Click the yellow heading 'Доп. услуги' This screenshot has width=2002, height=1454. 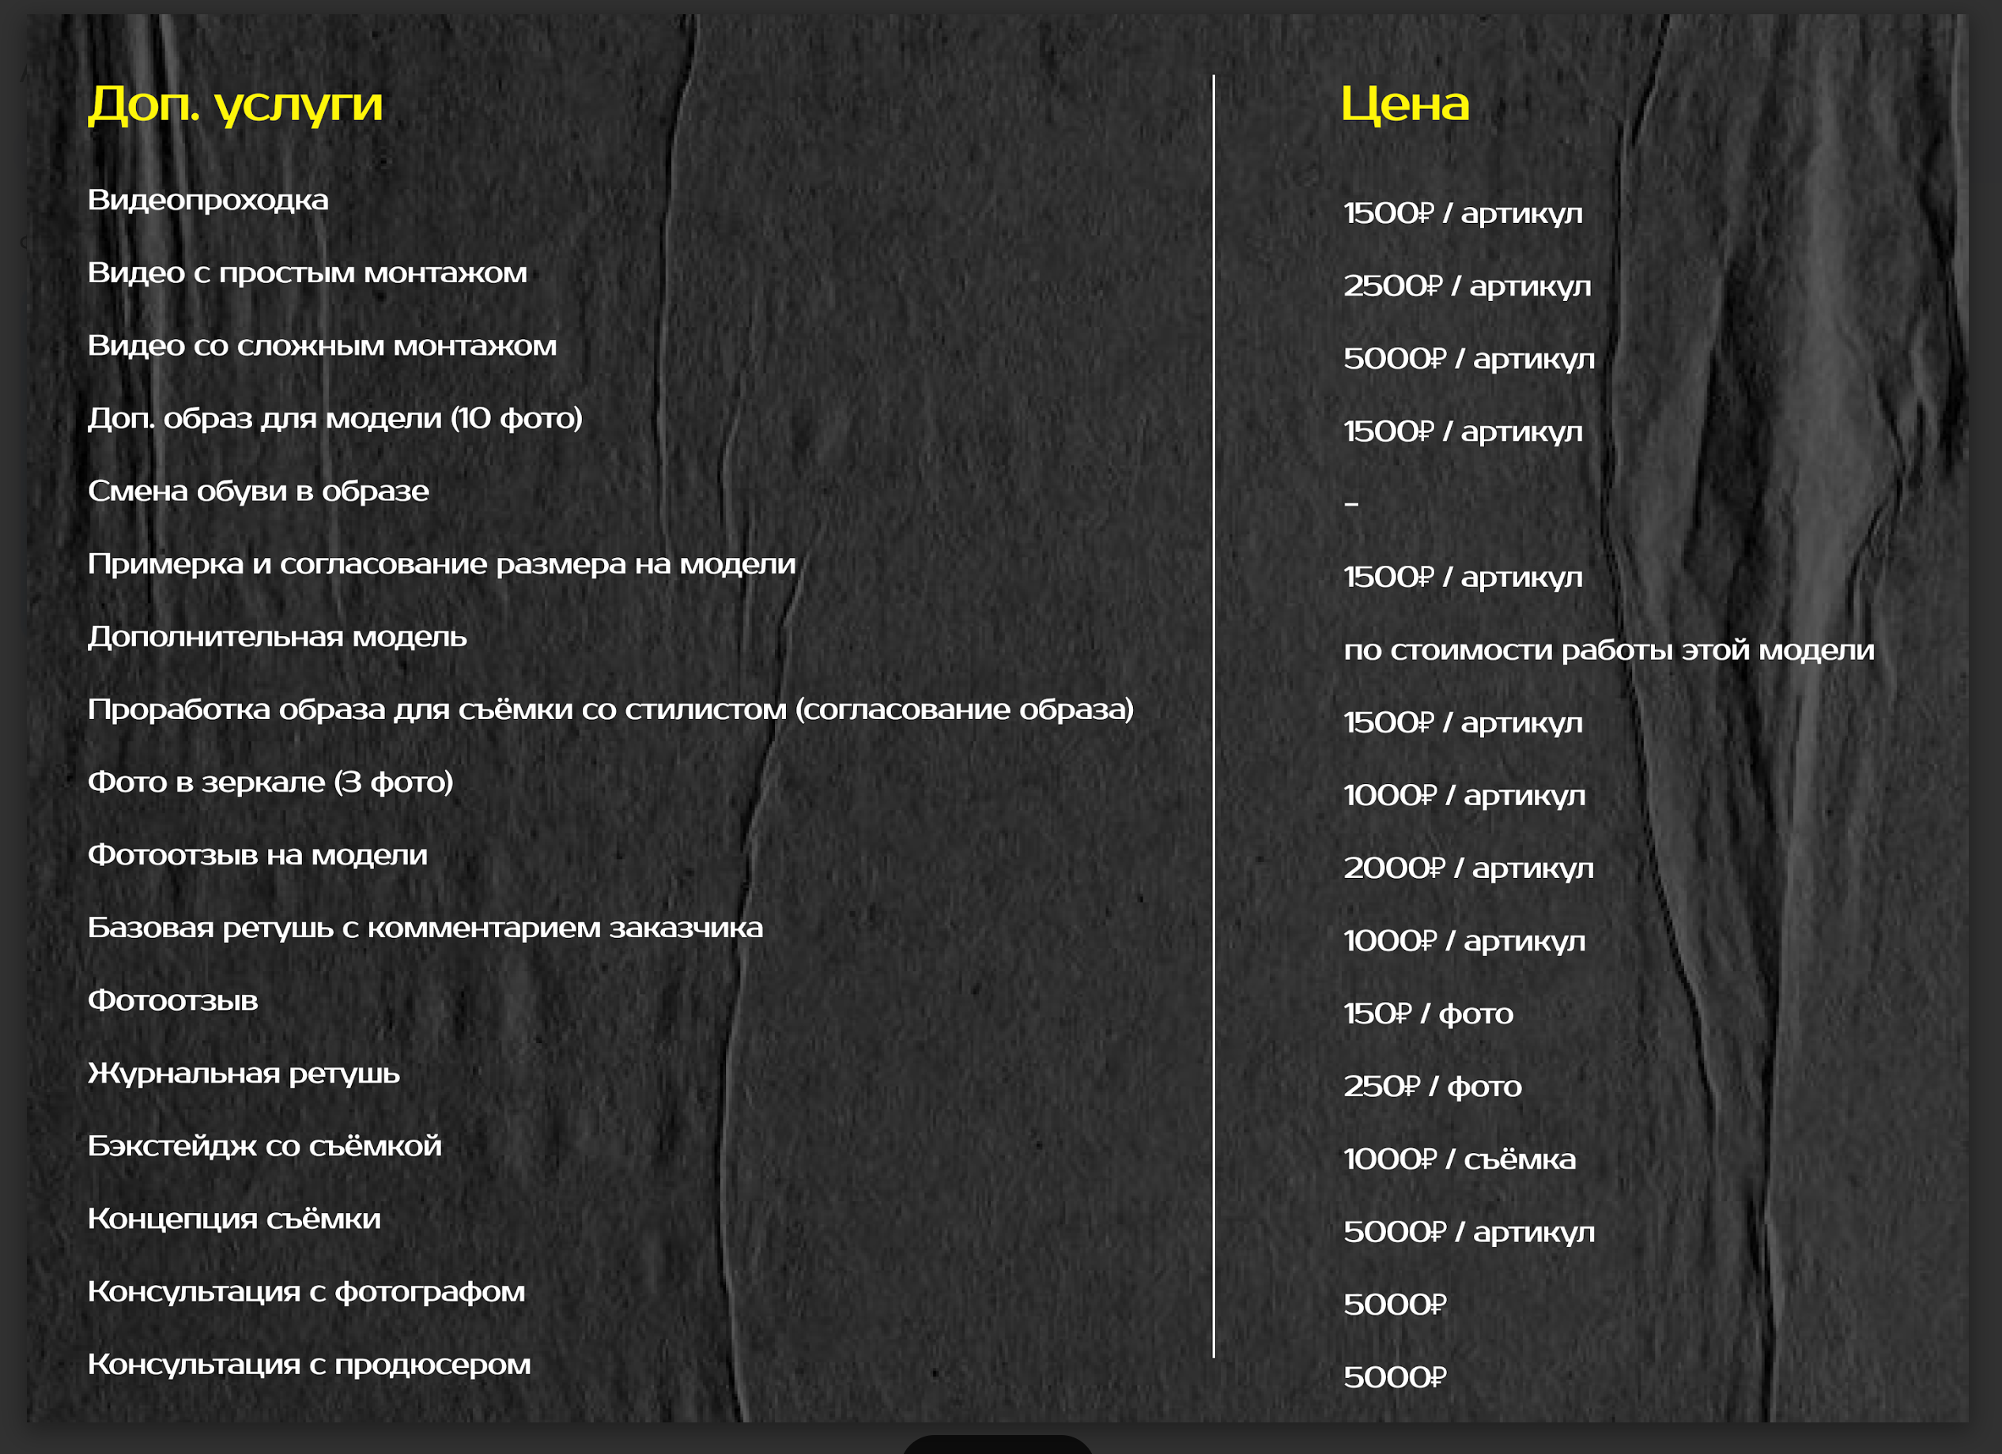click(x=235, y=105)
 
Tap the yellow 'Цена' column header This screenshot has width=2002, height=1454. click(x=1404, y=104)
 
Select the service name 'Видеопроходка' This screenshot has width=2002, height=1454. click(x=207, y=200)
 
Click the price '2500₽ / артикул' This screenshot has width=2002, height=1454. click(x=1466, y=286)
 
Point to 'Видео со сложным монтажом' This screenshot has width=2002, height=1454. click(x=322, y=346)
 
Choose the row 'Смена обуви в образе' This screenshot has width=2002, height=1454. click(x=258, y=492)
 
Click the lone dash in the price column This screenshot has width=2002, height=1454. click(x=1350, y=504)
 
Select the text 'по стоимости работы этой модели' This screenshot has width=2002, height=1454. click(x=1608, y=650)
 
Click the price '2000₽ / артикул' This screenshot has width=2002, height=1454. click(x=1468, y=868)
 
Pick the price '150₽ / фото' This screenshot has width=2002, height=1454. click(x=1427, y=1014)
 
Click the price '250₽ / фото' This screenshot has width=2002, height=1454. click(x=1432, y=1086)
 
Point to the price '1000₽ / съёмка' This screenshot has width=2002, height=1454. click(x=1458, y=1159)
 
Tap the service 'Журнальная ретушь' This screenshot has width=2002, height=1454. click(x=244, y=1074)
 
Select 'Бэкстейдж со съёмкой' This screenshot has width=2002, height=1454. click(x=264, y=1146)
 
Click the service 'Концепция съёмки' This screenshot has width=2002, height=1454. click(x=234, y=1219)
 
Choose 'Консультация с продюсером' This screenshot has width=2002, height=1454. click(x=309, y=1365)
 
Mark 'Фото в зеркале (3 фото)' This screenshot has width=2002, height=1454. click(x=270, y=782)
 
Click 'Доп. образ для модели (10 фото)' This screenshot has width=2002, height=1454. click(x=334, y=418)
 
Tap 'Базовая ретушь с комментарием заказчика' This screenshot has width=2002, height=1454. click(x=425, y=929)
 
